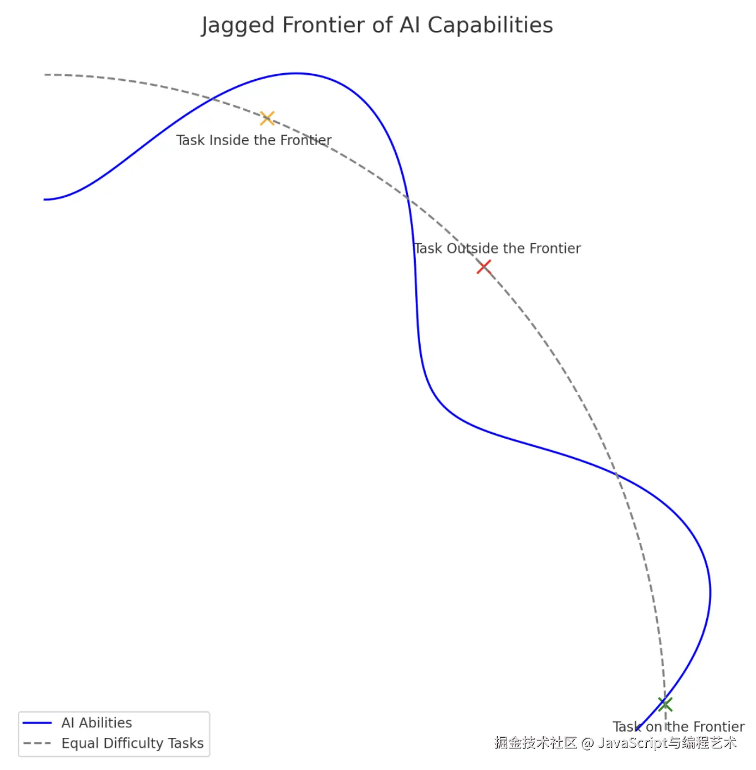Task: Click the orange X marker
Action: tap(267, 118)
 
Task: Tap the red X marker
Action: tap(484, 267)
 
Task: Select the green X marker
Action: tap(665, 704)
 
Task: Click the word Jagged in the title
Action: tap(238, 26)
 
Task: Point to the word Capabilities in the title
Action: tap(490, 26)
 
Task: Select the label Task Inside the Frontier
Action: tap(254, 140)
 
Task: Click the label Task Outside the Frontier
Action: tap(497, 248)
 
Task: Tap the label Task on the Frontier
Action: tap(678, 726)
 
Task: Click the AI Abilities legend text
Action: tap(96, 723)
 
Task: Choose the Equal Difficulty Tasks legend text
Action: tap(132, 743)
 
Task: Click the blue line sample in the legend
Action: tap(37, 723)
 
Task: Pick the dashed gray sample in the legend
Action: tap(37, 743)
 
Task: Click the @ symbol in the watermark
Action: tap(588, 743)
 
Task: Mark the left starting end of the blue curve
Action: tap(45, 199)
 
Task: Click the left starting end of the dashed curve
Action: tap(45, 75)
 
